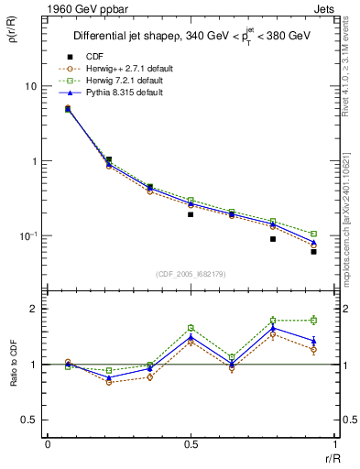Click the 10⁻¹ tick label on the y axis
point(27,236)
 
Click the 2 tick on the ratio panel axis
point(33,309)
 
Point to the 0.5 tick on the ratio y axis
point(29,420)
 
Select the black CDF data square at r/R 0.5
point(191,214)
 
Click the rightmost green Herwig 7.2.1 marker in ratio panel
point(313,320)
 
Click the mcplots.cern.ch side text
point(351,229)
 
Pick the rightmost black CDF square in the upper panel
point(313,251)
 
